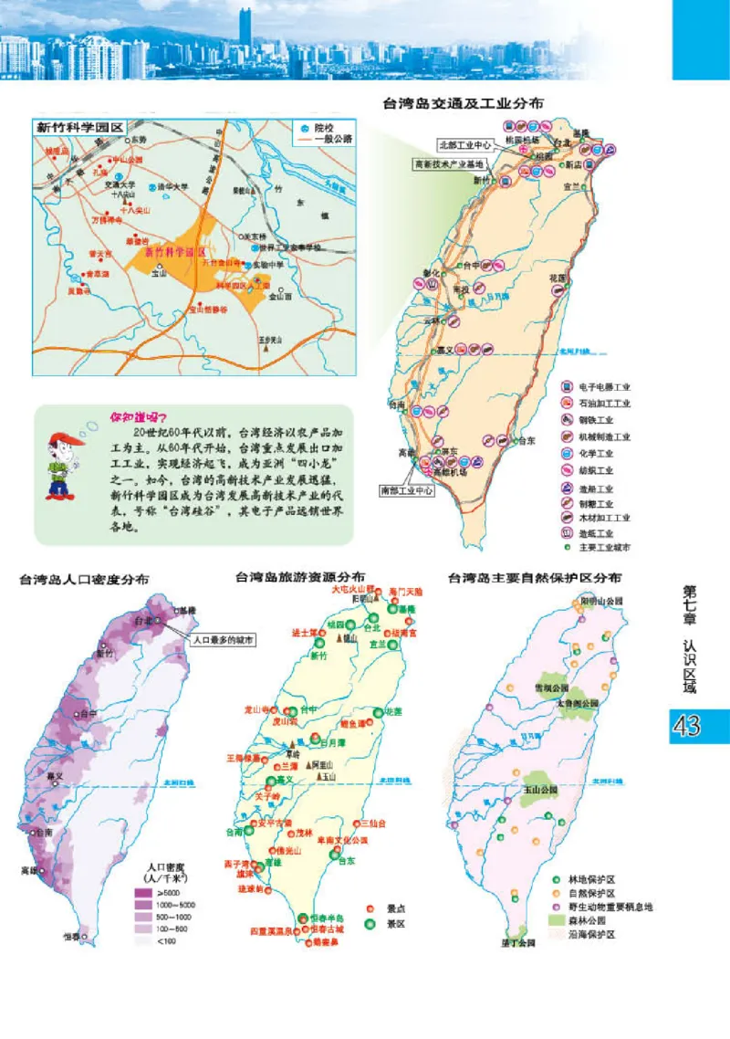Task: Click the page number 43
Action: point(686,726)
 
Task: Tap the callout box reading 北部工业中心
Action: point(465,144)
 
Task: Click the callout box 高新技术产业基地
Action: point(450,164)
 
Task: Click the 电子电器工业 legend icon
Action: point(567,387)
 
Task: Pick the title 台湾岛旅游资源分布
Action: point(300,577)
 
